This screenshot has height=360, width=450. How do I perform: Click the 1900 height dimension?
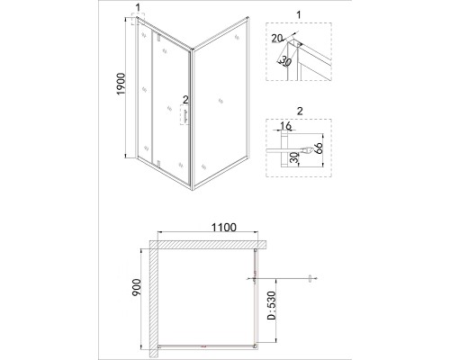tap(121, 84)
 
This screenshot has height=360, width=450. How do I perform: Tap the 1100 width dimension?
tap(224, 228)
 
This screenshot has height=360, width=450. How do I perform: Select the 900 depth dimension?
tap(136, 287)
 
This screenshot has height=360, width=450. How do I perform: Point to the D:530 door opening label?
tap(271, 305)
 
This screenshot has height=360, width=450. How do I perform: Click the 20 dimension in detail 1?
tap(277, 39)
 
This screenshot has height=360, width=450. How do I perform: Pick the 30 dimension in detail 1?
tap(285, 61)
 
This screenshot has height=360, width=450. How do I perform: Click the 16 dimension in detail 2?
tap(285, 126)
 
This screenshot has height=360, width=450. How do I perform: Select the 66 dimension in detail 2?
tap(319, 148)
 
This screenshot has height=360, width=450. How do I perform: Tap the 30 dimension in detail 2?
tap(295, 157)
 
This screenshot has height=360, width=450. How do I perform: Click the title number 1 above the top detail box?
tap(298, 14)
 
